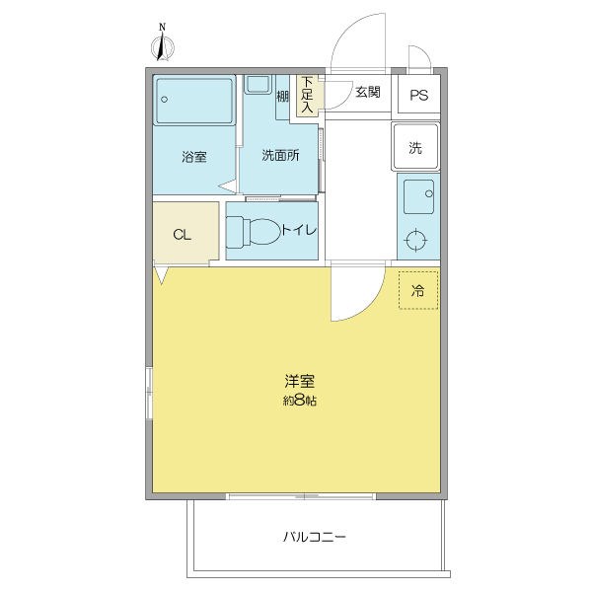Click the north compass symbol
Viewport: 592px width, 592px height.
click(163, 46)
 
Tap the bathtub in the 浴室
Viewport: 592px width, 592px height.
click(194, 101)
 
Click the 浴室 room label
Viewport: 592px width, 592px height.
click(194, 156)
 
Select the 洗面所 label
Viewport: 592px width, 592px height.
click(280, 155)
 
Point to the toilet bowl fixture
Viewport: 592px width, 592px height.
click(254, 232)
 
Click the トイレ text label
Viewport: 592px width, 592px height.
click(299, 230)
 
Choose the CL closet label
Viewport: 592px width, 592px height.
click(182, 235)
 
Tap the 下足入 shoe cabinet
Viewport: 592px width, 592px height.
click(307, 95)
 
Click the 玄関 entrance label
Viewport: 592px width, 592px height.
click(368, 92)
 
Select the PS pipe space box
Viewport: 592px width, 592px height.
click(419, 95)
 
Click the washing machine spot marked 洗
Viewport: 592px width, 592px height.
click(415, 146)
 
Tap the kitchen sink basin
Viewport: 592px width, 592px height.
click(418, 196)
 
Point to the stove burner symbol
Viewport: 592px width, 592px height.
click(415, 240)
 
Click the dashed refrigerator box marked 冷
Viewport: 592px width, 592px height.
click(418, 290)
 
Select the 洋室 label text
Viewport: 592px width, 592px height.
click(299, 381)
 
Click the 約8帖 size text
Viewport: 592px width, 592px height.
click(299, 401)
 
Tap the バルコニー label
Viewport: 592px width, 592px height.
click(315, 537)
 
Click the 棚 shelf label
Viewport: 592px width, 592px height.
click(283, 97)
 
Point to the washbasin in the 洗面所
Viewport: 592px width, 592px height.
click(258, 84)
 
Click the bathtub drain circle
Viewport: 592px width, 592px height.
click(164, 100)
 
